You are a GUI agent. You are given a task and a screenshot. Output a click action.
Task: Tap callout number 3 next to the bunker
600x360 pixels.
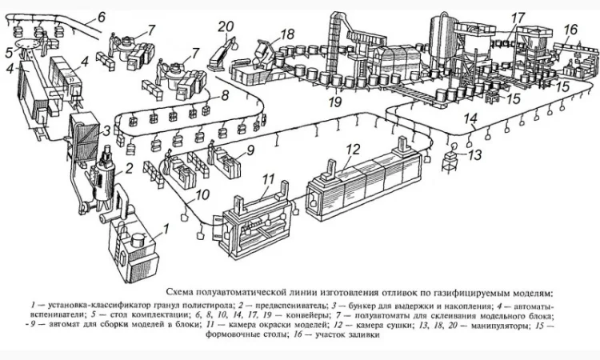[106, 130]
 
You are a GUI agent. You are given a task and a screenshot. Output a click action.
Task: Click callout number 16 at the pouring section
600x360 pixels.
[570, 30]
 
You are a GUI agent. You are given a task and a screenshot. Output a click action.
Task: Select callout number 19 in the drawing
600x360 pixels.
[334, 102]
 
